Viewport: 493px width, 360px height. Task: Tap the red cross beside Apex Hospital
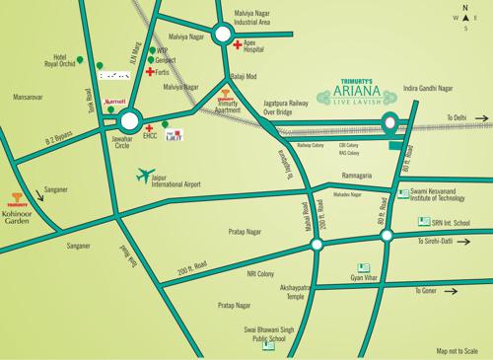(237, 45)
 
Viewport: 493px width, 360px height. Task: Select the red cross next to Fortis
(150, 72)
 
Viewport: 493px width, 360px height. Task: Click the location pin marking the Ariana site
(390, 124)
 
